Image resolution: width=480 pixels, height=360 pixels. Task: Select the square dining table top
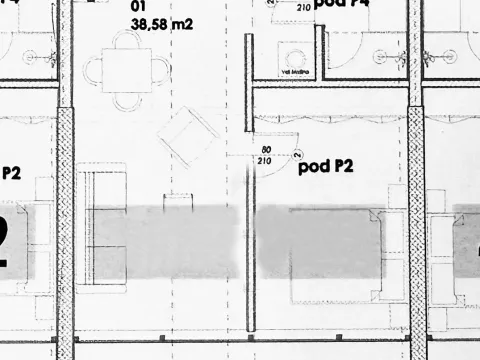pos(127,69)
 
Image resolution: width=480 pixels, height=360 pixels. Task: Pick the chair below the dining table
pos(127,100)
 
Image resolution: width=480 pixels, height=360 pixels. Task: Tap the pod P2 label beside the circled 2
pos(327,166)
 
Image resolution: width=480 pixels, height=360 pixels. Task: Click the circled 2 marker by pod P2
pos(298,154)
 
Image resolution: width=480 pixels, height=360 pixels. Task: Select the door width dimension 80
pos(266,149)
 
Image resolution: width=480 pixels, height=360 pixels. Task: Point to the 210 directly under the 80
pos(266,160)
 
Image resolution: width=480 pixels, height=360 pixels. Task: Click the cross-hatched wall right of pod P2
pos(417,200)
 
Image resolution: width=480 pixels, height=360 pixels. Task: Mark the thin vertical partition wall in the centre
pos(249,180)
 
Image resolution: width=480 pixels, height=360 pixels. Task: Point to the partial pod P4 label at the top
pos(340,4)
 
